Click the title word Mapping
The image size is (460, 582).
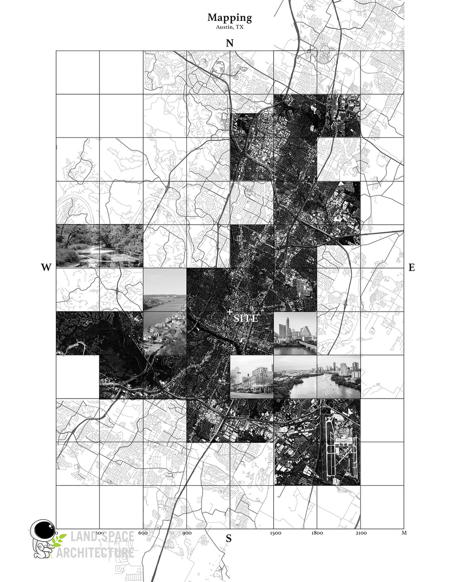230,18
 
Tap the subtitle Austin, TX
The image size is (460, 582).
230,27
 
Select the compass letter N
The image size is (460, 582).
230,43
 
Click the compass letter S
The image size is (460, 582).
229,539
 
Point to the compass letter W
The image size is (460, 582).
46,268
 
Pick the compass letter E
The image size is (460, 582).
411,268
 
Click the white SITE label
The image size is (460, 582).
246,319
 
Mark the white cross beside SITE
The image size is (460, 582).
230,311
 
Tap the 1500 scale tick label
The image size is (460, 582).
275,533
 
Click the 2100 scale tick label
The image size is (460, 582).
361,533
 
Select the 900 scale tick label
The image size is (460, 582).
187,533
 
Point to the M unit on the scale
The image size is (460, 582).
404,533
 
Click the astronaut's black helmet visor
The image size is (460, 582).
45,530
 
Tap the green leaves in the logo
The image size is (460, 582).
59,540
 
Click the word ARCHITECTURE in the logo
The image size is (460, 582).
102,553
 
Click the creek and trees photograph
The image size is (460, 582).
99,246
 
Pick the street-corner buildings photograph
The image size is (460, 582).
251,377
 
